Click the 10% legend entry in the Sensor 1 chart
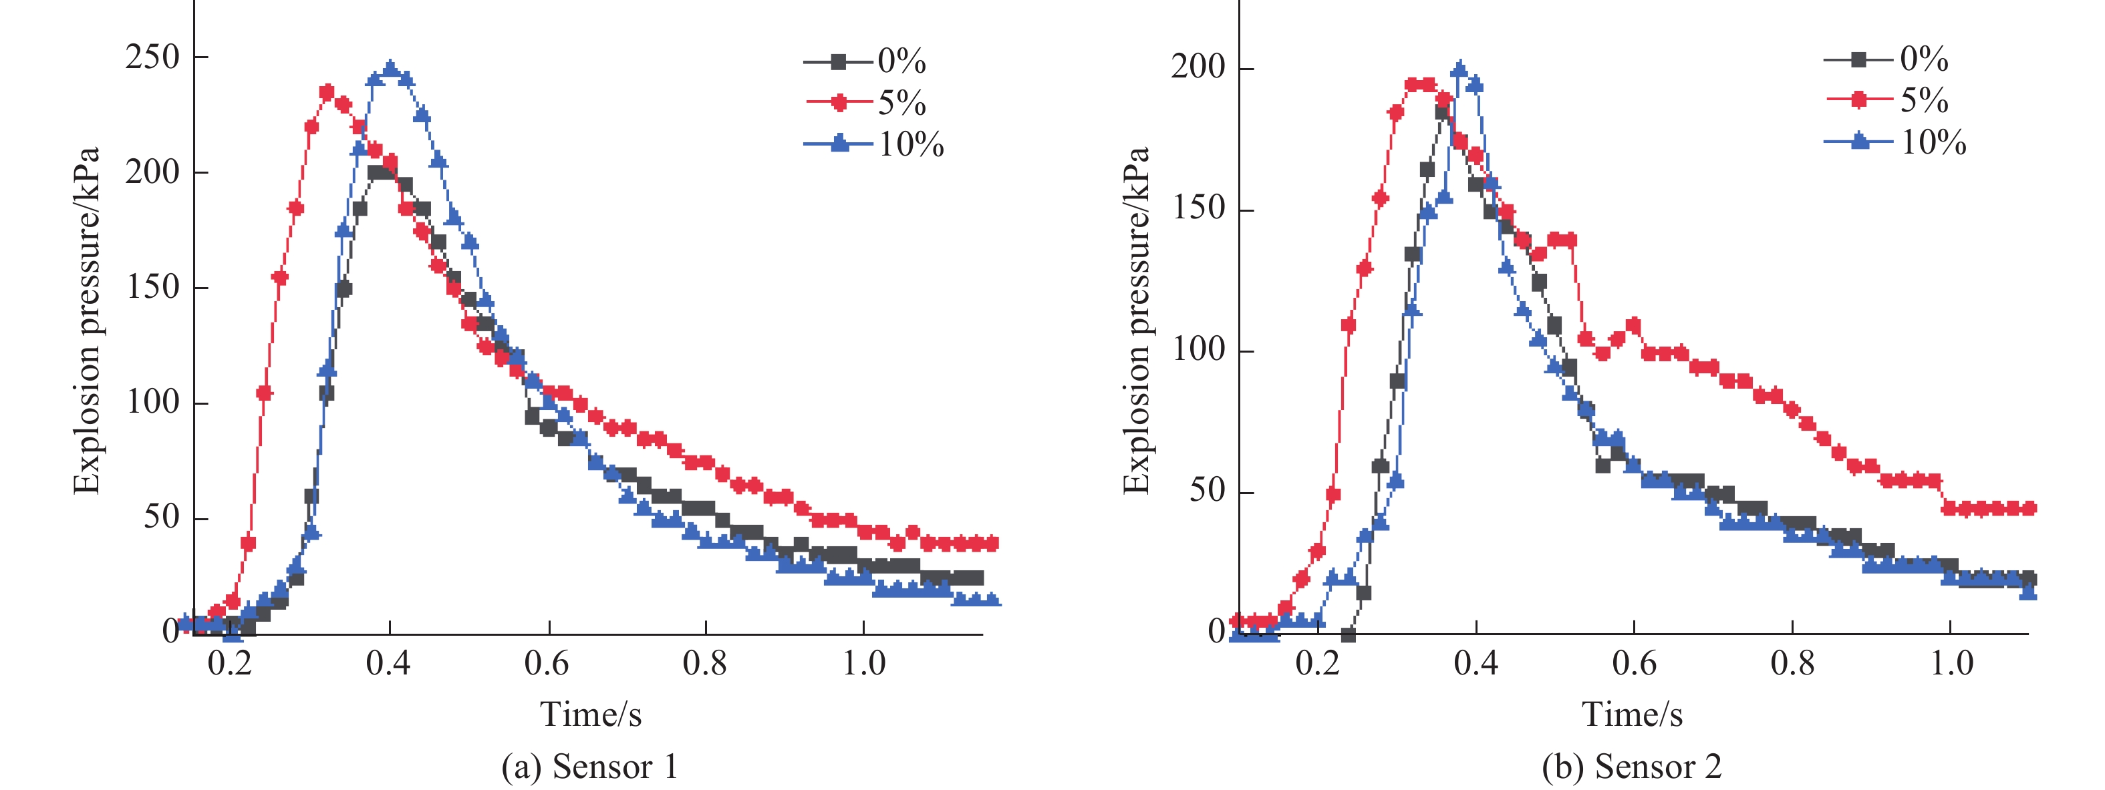click(x=874, y=145)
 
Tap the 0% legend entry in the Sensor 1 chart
click(x=866, y=61)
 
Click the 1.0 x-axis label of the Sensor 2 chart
click(x=1951, y=663)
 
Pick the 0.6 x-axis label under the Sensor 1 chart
click(x=547, y=663)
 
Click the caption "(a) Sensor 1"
click(x=589, y=767)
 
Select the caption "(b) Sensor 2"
click(x=1632, y=767)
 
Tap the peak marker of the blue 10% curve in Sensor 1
click(x=391, y=69)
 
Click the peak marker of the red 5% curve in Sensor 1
click(x=327, y=92)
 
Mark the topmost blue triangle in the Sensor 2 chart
click(x=1460, y=69)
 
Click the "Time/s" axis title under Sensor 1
click(x=591, y=714)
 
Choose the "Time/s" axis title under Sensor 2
click(x=1632, y=714)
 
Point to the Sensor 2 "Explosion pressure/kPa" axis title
click(x=1136, y=321)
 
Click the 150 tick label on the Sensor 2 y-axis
click(x=1199, y=208)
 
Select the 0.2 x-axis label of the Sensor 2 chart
click(x=1317, y=663)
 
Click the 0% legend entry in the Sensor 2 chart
click(x=1888, y=59)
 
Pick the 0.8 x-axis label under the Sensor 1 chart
click(x=704, y=663)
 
